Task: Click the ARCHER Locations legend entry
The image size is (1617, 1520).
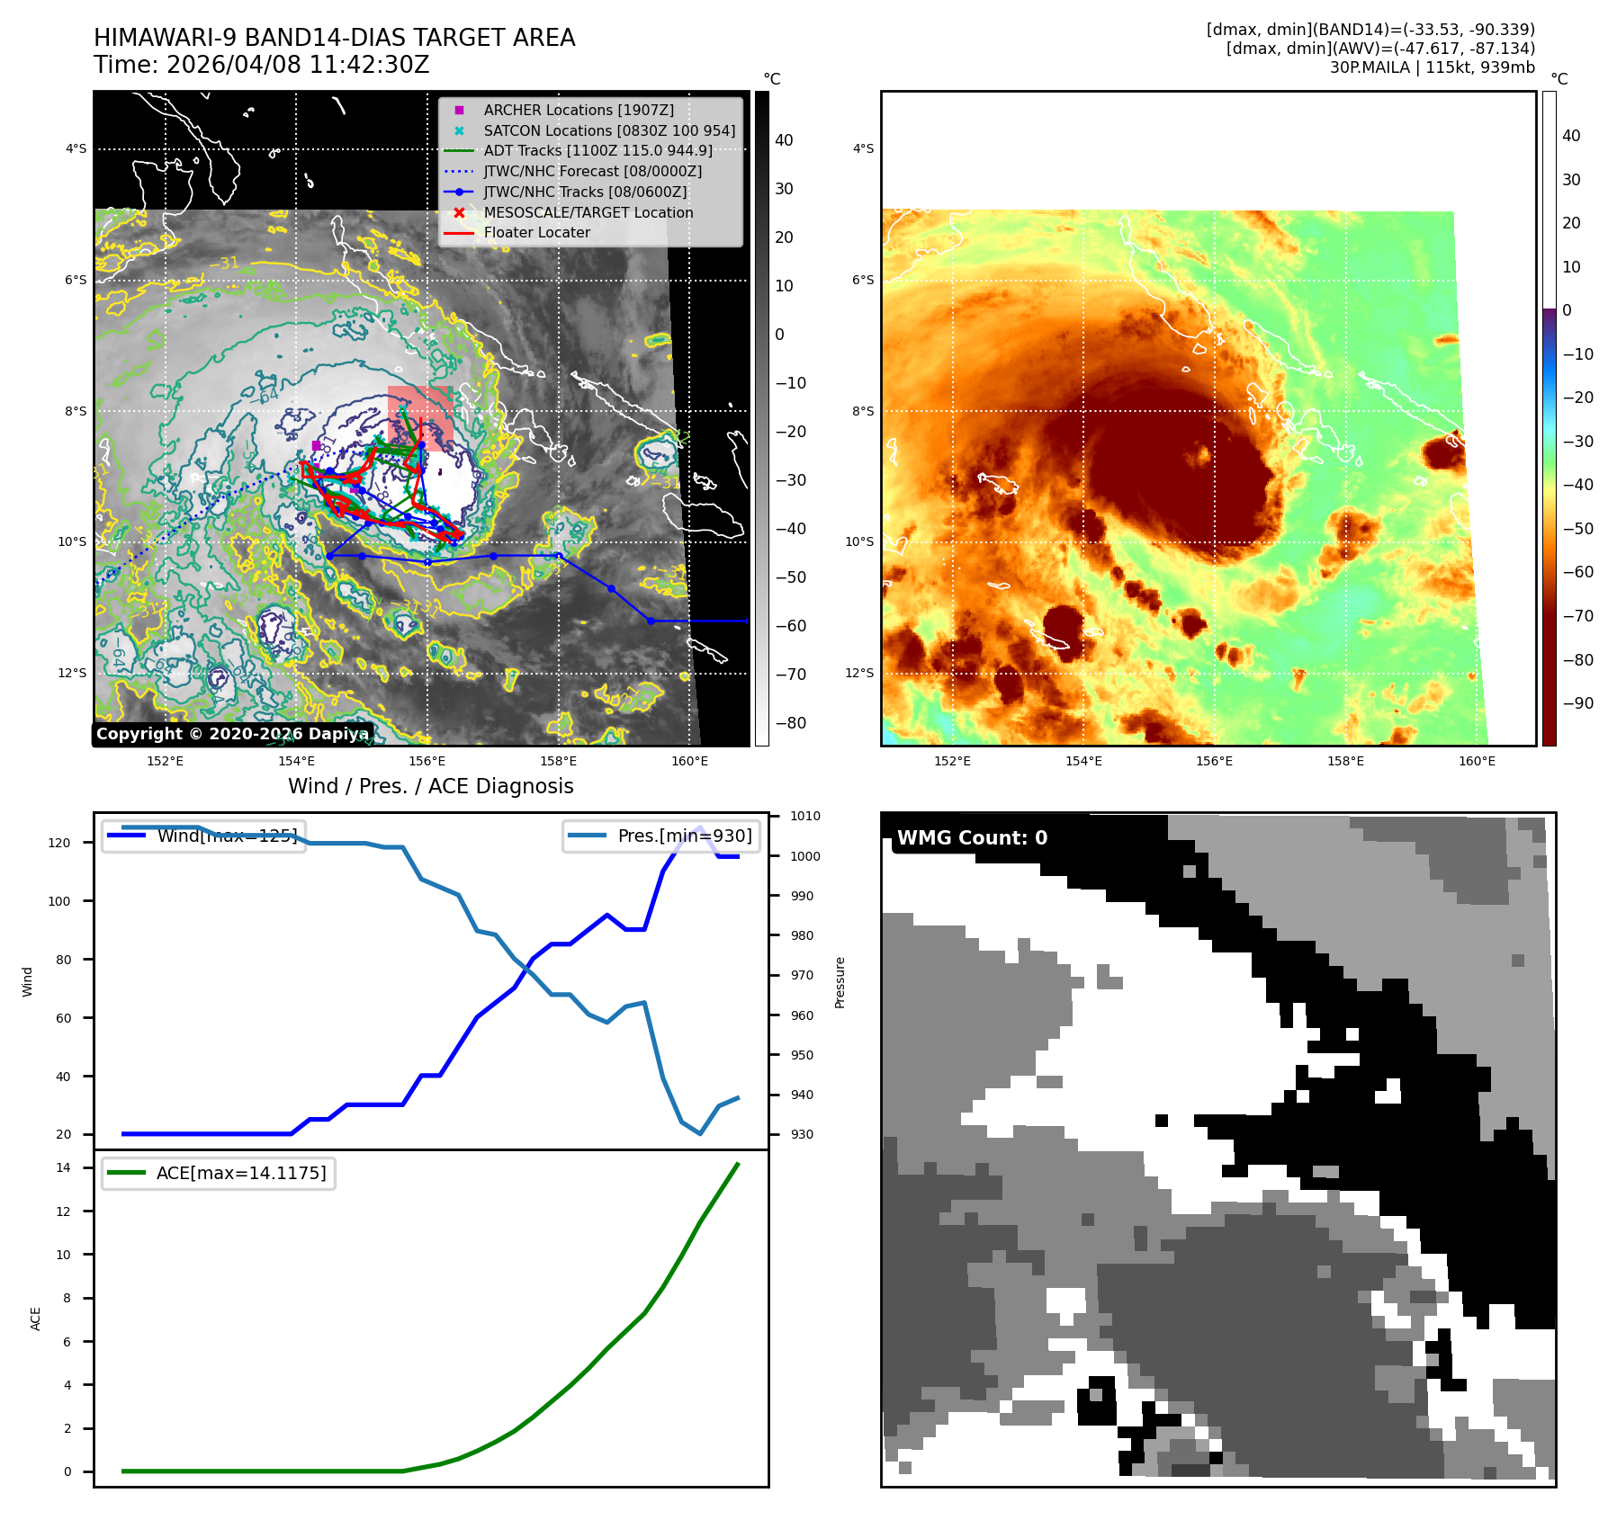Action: pyautogui.click(x=578, y=110)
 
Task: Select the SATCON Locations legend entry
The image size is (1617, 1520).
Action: pyautogui.click(x=608, y=130)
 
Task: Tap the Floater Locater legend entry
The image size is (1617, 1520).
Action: pyautogui.click(x=536, y=232)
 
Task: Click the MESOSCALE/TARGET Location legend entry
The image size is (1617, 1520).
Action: pyautogui.click(x=588, y=212)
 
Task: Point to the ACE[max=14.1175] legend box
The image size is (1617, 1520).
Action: pyautogui.click(x=219, y=1173)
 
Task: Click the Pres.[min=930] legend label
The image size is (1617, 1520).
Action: pyautogui.click(x=684, y=836)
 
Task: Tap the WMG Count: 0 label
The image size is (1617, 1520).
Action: pyautogui.click(x=972, y=837)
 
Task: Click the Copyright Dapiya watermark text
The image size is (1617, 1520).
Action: pyautogui.click(x=232, y=734)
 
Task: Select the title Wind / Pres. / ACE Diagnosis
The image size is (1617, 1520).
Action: pyautogui.click(x=430, y=786)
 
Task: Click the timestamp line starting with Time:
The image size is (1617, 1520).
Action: pyautogui.click(x=261, y=65)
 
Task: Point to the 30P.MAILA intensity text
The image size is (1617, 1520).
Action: pyautogui.click(x=1432, y=67)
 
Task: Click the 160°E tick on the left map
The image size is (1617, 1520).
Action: pyautogui.click(x=689, y=761)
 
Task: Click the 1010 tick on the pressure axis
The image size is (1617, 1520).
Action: pyautogui.click(x=805, y=816)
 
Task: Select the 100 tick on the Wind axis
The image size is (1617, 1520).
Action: pyautogui.click(x=58, y=901)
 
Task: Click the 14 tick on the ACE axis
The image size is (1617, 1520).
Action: pyautogui.click(x=63, y=1167)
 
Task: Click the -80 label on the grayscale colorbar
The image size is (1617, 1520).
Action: pyautogui.click(x=791, y=723)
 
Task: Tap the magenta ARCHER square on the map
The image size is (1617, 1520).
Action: pyautogui.click(x=316, y=445)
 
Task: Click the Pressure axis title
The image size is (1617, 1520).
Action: pyautogui.click(x=840, y=982)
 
